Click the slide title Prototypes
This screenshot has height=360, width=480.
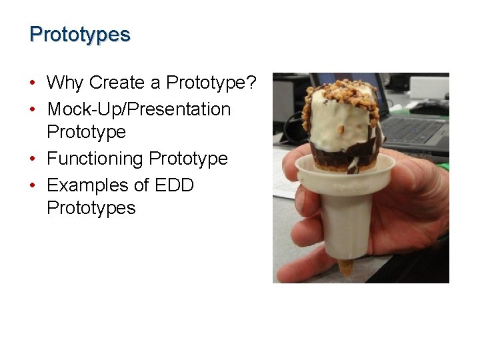[x=80, y=34]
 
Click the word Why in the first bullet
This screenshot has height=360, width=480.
[x=65, y=83]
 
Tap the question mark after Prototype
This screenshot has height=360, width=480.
[x=251, y=83]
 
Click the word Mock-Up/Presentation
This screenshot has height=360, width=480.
[x=139, y=109]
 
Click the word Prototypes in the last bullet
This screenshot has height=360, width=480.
[x=91, y=208]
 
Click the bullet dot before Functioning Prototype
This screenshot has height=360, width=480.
[x=32, y=159]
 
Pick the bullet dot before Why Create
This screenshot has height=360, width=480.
[x=32, y=83]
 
